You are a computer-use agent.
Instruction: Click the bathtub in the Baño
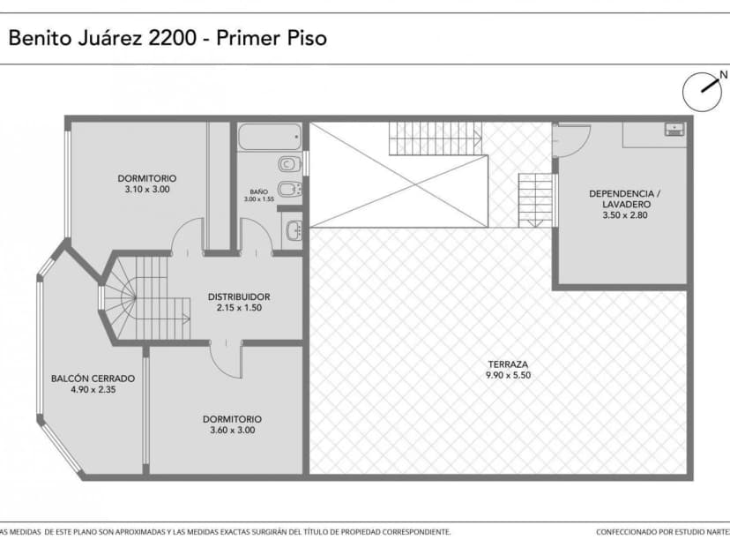click(x=270, y=138)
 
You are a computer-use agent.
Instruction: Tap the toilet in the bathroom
click(x=287, y=165)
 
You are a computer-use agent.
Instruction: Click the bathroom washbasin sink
click(x=294, y=231)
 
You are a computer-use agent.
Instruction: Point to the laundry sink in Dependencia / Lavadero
click(x=674, y=130)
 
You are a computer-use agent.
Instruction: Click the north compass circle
click(x=702, y=89)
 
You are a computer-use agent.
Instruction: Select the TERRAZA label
click(x=508, y=364)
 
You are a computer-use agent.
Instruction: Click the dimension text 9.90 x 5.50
click(x=508, y=375)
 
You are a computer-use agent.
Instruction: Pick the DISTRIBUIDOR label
click(x=239, y=296)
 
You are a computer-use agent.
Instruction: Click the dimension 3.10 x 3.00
click(x=146, y=189)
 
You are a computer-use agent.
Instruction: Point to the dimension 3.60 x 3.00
click(x=232, y=430)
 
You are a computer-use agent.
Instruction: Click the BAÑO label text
click(x=258, y=191)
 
